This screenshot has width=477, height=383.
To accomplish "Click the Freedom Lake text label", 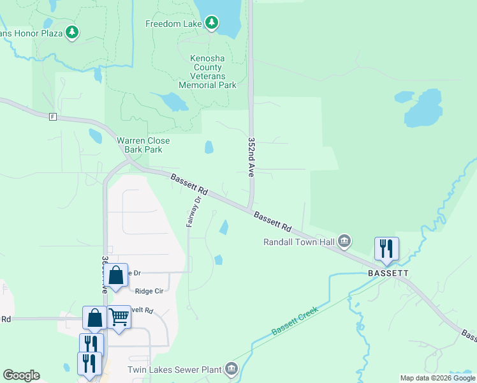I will tap(173, 24).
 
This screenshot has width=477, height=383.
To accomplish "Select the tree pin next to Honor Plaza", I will tap(72, 32).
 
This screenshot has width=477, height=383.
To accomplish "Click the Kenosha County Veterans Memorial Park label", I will tap(207, 71).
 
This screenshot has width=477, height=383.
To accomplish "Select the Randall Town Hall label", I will tap(299, 242).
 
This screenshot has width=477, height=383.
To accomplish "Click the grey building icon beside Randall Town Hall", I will tap(344, 241).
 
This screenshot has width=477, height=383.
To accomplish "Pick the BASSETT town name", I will tap(388, 273).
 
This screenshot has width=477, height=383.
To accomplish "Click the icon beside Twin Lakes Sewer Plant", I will tap(231, 369).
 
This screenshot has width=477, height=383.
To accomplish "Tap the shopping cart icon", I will tap(119, 317).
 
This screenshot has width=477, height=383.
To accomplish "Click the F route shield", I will tap(53, 117).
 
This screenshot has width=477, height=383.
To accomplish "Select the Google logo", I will tap(21, 375).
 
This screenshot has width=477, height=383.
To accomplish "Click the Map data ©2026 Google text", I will tap(437, 378).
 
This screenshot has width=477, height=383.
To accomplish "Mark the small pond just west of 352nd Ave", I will tap(209, 147).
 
